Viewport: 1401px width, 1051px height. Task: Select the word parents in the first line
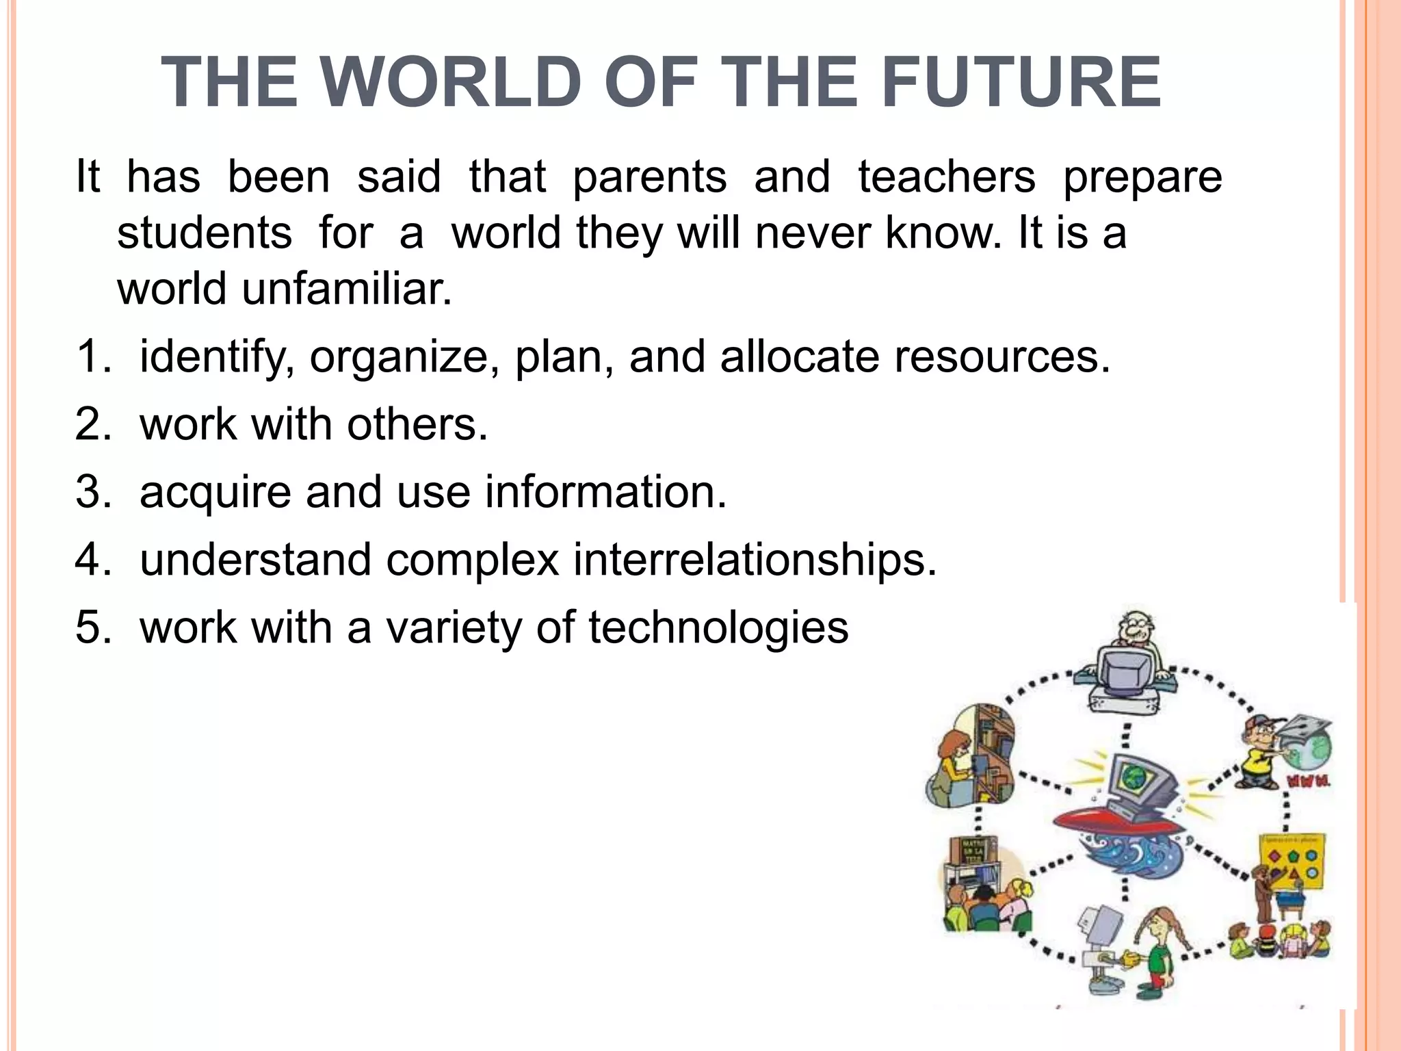coord(649,177)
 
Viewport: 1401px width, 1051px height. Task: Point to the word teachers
coord(947,177)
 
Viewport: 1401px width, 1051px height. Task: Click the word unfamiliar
coord(347,289)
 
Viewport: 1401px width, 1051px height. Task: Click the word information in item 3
coord(605,492)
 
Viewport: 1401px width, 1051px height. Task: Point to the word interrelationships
coord(755,560)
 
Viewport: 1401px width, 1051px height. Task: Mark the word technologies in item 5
coord(718,627)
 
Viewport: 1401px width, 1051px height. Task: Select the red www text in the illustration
coord(1309,780)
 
